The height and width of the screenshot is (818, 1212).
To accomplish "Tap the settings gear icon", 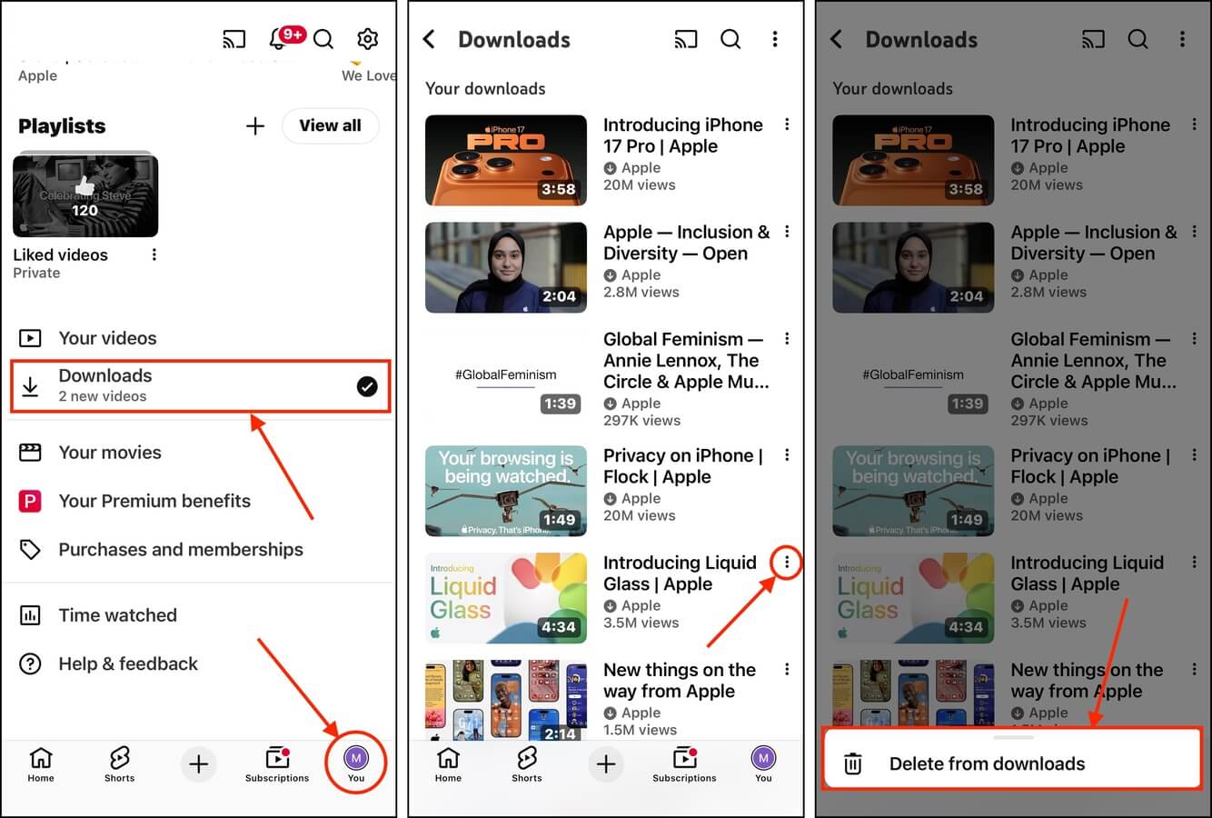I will (367, 39).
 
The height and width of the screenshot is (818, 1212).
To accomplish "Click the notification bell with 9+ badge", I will (279, 39).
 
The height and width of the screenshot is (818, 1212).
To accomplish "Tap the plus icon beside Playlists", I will (255, 126).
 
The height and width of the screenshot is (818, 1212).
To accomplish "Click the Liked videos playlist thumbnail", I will (85, 196).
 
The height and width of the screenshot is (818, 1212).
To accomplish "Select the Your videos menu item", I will (107, 338).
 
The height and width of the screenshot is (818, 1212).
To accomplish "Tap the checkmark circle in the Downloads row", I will (367, 387).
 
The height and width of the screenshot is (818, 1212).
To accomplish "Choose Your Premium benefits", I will (154, 501).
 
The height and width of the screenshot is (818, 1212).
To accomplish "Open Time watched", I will (117, 615).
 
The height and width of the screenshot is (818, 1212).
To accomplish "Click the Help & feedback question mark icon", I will (30, 664).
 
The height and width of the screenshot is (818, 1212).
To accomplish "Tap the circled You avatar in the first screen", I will (356, 759).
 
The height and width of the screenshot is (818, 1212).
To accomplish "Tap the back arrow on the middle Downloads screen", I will (430, 39).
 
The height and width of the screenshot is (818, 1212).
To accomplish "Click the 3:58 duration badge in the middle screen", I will (558, 189).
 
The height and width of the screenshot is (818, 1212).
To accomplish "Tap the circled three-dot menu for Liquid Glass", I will (787, 563).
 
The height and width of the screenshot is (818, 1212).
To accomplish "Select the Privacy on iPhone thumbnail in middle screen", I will (506, 491).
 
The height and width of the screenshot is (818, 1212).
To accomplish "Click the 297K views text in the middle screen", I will (641, 420).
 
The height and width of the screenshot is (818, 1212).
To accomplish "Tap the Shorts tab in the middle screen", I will (527, 764).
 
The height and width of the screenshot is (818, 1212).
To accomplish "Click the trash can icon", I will (853, 763).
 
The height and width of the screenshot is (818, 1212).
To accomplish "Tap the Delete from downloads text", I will (987, 764).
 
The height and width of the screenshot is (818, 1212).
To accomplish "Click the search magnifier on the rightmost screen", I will (1137, 39).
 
